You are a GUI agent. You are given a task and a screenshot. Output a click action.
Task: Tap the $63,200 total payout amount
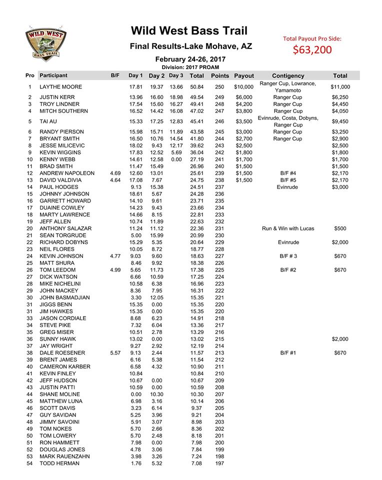point(311,50)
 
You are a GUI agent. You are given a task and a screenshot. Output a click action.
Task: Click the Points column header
point(220,76)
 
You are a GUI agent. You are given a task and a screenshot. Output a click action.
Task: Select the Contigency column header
point(288,76)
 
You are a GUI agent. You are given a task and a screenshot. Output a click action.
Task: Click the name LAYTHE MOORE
point(61,87)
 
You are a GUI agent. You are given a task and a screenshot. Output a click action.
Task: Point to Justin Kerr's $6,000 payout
point(244,97)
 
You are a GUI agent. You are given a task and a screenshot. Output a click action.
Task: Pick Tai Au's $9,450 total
point(340,121)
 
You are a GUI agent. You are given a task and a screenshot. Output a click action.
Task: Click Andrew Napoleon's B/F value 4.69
point(114,173)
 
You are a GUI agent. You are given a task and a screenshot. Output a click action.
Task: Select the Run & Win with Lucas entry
point(288,228)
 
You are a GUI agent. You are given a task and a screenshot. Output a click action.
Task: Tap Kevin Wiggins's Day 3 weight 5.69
point(176,152)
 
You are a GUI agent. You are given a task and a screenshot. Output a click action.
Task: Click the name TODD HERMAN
point(59,463)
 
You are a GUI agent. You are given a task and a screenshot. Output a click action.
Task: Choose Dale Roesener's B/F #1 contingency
point(288,353)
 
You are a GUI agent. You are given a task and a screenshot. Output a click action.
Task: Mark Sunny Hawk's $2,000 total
point(340,339)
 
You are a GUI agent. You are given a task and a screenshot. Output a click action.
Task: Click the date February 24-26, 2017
point(190,59)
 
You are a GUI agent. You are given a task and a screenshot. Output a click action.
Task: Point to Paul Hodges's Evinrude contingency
point(288,187)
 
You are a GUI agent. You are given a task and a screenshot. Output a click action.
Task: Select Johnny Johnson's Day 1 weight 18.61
point(136,194)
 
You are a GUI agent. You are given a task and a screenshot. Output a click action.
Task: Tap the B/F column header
point(115,76)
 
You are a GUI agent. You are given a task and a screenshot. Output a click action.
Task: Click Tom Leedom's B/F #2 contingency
point(288,270)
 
